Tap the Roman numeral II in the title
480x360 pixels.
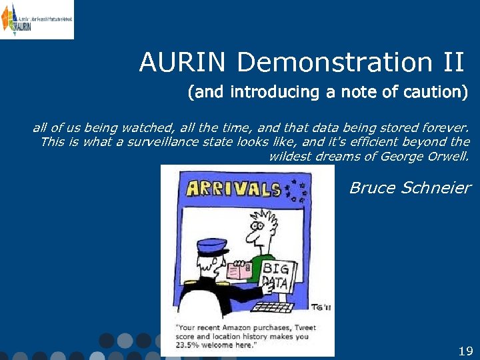[451, 63]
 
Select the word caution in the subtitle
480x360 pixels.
[434, 92]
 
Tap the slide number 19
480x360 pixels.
[465, 351]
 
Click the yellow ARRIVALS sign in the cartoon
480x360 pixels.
[233, 189]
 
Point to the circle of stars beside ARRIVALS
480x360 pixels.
[295, 190]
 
